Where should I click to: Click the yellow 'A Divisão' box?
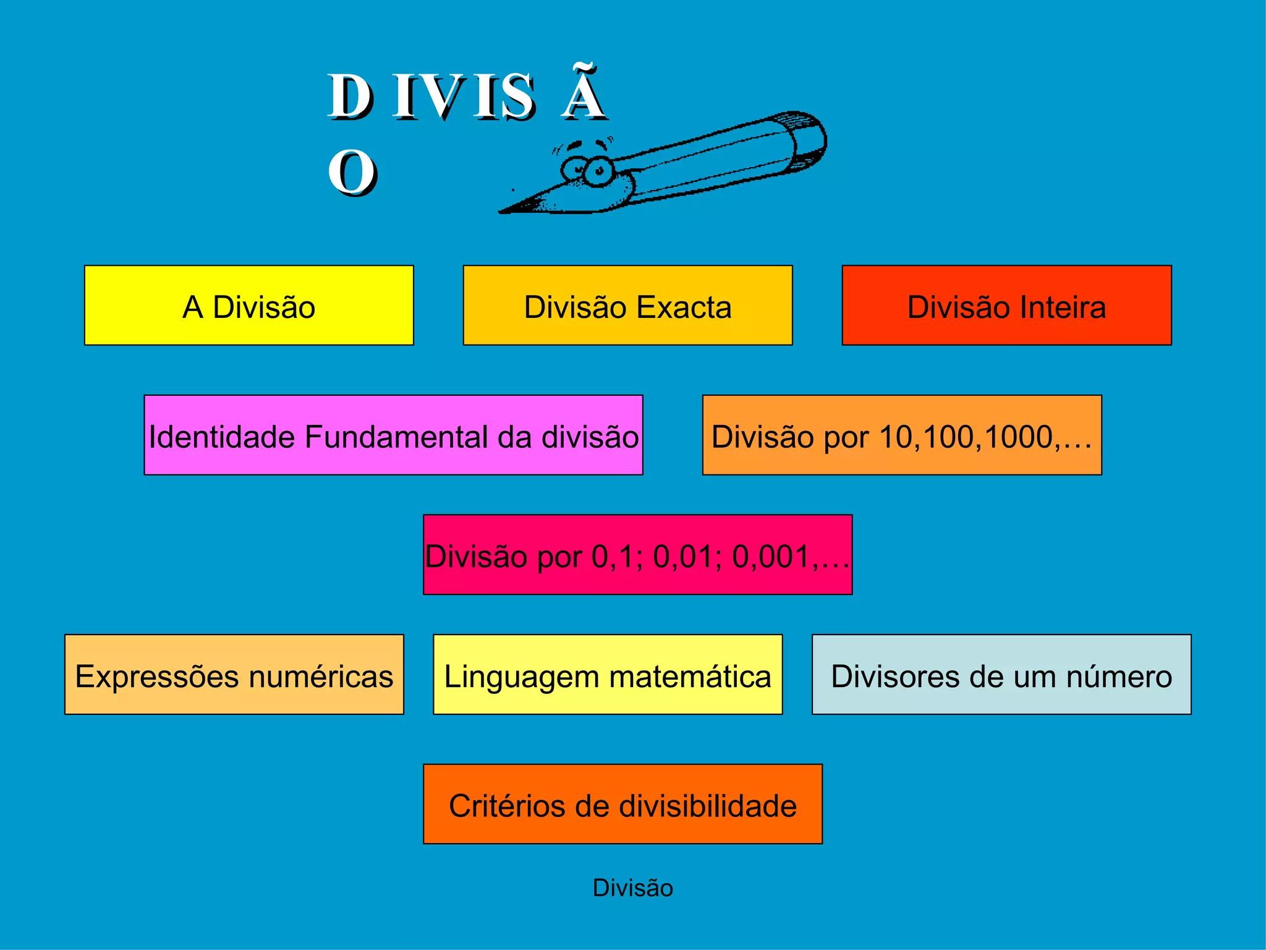coord(249,306)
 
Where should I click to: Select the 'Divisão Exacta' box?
coord(627,306)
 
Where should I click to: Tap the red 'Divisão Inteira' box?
coord(1006,306)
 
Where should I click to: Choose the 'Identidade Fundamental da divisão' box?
coord(393,435)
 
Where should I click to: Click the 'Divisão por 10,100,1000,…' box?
coord(902,435)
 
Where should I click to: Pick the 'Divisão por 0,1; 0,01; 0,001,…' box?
coord(637,555)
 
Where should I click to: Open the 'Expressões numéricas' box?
coord(234,675)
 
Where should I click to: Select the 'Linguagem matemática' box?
coord(608,675)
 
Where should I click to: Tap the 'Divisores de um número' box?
coord(1001,675)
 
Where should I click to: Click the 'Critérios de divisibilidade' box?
coord(622,804)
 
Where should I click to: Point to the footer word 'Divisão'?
coord(632,888)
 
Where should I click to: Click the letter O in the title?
coord(351,173)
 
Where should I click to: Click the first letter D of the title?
coord(349,96)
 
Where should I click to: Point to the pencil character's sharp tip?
coord(504,210)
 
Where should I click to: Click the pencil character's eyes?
coord(587,168)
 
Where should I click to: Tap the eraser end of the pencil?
coord(807,141)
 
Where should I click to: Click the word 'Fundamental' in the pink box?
coord(397,437)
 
